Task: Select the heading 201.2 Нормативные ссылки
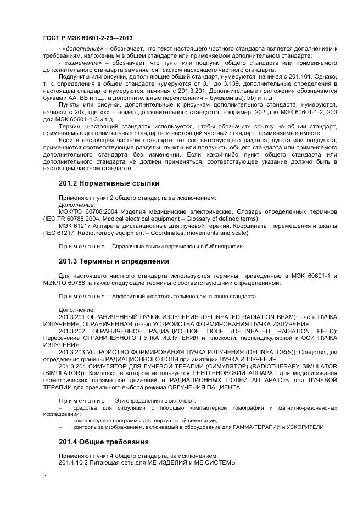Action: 109,183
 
